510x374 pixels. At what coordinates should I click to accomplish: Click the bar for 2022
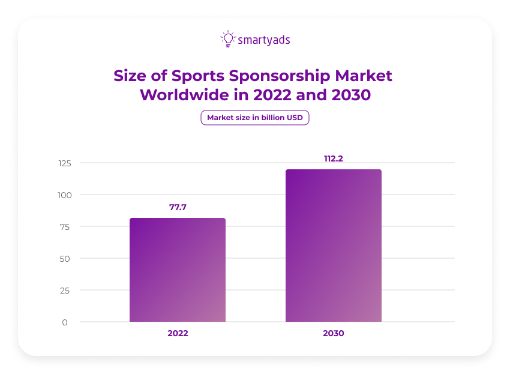(178, 270)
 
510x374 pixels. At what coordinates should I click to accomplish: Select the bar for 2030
(333, 246)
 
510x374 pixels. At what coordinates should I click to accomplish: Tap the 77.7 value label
(178, 207)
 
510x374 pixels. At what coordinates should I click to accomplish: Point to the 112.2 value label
(333, 158)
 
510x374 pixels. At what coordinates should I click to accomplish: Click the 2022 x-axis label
(178, 333)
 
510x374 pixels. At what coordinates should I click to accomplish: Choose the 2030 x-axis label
(333, 333)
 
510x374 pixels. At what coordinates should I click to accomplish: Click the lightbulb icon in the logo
(227, 39)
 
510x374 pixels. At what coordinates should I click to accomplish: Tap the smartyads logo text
(264, 40)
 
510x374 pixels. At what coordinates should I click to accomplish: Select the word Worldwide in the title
(182, 95)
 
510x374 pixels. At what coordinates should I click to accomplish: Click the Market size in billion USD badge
(255, 118)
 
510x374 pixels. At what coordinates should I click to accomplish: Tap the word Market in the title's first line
(364, 76)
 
